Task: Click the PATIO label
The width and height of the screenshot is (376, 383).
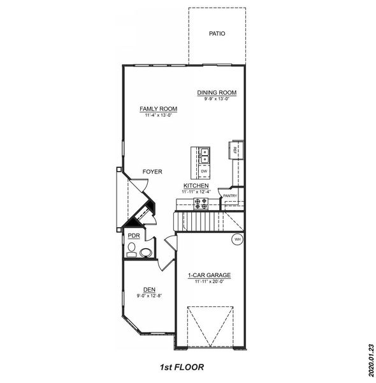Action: click(217, 34)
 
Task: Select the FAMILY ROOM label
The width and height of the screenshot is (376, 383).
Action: click(158, 109)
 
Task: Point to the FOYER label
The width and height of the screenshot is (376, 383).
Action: click(152, 172)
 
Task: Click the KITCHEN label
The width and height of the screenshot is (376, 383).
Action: click(196, 186)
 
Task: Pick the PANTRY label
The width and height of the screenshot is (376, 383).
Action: click(230, 196)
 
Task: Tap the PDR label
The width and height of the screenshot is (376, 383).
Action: click(133, 236)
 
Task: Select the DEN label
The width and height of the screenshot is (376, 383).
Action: click(149, 290)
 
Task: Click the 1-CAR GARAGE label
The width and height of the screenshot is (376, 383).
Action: click(209, 276)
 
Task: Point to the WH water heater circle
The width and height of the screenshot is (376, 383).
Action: click(237, 239)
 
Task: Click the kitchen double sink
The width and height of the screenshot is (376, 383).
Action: click(205, 154)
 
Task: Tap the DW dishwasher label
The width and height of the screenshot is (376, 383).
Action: click(205, 172)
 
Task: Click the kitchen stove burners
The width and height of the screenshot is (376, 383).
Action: click(201, 204)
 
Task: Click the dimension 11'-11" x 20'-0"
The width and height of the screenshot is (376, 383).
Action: click(209, 282)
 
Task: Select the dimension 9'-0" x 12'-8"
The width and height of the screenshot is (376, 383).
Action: click(149, 296)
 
